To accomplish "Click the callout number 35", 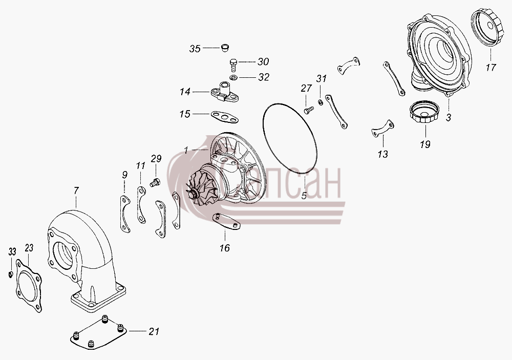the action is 195,49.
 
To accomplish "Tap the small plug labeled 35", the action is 224,48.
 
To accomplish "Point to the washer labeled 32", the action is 233,78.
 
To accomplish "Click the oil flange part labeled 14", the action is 224,91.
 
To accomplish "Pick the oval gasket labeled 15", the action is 224,117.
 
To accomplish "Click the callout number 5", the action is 304,196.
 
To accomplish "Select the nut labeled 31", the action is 321,102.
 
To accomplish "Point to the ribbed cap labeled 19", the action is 424,112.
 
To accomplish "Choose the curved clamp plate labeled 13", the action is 383,129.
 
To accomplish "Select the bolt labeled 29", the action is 155,182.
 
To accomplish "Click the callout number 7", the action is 76,190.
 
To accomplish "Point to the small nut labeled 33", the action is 10,274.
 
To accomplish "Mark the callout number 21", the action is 154,332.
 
